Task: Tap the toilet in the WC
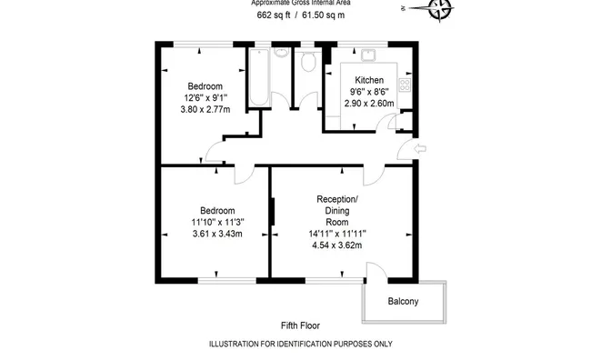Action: (x=308, y=62)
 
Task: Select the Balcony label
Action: (x=403, y=301)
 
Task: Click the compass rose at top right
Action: (x=439, y=9)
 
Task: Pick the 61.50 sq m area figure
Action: (x=324, y=15)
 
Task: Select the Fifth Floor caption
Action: (x=300, y=325)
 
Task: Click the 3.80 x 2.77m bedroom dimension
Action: (x=205, y=109)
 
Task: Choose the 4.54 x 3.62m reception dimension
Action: (x=337, y=245)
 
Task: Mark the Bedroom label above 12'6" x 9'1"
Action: (x=205, y=85)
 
